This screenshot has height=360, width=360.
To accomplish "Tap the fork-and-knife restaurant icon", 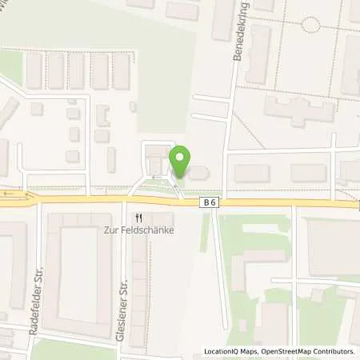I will tap(139, 217).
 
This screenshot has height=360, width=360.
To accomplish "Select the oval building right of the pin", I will tap(197, 172).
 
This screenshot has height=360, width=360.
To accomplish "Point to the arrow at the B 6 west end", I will tap(10, 194).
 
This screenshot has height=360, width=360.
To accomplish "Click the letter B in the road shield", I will tap(206, 203).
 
